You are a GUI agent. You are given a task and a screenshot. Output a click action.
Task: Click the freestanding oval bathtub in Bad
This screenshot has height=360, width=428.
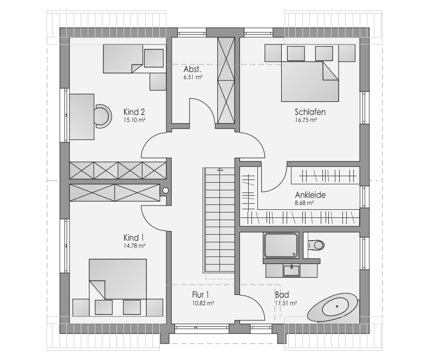333,308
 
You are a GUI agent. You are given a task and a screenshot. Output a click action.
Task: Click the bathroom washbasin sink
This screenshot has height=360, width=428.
291,271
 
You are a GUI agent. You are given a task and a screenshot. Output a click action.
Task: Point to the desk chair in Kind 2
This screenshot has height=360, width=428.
103,117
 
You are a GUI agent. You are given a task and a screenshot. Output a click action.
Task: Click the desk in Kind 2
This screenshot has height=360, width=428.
82,117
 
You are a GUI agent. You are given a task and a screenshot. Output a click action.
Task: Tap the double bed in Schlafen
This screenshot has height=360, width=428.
310,81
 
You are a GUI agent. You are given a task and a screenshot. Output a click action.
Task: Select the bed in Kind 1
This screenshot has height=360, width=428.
118,279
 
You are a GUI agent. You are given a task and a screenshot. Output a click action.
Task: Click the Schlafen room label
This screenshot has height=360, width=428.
310,112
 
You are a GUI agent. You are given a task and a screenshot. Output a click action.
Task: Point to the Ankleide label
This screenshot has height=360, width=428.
310,195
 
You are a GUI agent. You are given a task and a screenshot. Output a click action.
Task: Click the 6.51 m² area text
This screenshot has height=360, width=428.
193,78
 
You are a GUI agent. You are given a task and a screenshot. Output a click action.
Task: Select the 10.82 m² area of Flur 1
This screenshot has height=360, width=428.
203,303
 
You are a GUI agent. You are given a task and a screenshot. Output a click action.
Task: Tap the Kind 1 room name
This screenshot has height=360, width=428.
134,237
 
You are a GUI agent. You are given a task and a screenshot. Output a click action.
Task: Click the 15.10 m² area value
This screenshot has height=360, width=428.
134,120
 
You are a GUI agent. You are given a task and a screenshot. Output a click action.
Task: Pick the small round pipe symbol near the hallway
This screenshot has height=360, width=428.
165,191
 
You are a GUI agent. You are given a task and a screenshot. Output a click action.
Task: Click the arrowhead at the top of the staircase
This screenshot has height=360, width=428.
219,169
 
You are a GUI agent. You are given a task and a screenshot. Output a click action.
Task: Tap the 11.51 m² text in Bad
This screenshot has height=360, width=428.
286,303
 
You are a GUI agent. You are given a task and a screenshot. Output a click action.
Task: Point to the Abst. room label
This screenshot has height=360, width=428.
192,69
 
